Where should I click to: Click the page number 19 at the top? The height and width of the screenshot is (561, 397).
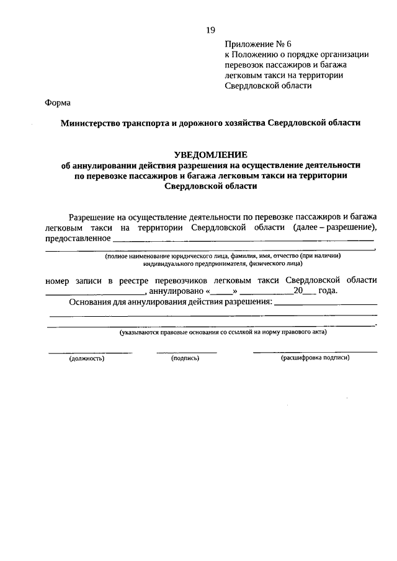(210, 30)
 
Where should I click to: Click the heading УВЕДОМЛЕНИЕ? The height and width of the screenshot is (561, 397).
(210, 154)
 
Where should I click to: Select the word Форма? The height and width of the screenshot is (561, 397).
(58, 103)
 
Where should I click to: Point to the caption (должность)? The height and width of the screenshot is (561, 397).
(87, 358)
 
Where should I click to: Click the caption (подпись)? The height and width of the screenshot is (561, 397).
(185, 358)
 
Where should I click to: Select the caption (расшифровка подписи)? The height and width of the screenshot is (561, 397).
(315, 358)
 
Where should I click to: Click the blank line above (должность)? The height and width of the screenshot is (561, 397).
(91, 352)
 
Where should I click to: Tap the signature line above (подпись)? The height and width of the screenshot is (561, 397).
(187, 352)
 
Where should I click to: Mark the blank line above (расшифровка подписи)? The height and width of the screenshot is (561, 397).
(314, 352)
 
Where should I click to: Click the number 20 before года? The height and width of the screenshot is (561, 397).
(299, 291)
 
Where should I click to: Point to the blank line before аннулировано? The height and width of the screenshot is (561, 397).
(94, 293)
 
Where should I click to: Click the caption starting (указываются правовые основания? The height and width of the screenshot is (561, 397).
(223, 333)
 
